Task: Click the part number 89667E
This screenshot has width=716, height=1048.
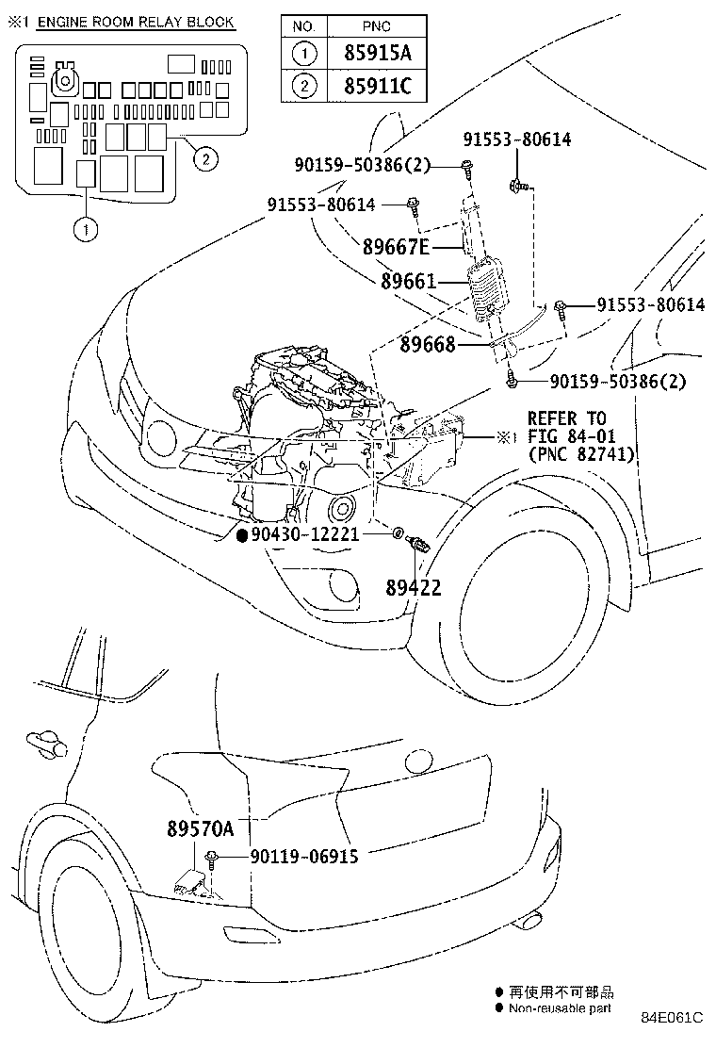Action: coord(396,248)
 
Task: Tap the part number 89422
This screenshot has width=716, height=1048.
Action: coord(413,587)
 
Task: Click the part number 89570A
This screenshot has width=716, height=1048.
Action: coord(200,829)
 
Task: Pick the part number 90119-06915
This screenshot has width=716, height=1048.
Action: coord(304,856)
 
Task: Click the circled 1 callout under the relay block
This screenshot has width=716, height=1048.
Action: coord(86,229)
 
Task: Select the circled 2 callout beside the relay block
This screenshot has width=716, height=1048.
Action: coord(204,158)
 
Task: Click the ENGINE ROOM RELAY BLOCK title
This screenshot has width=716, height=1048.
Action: coord(136,22)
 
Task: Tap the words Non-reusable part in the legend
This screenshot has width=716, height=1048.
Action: coord(561,1007)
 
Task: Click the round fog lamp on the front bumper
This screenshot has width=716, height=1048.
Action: coord(344,587)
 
